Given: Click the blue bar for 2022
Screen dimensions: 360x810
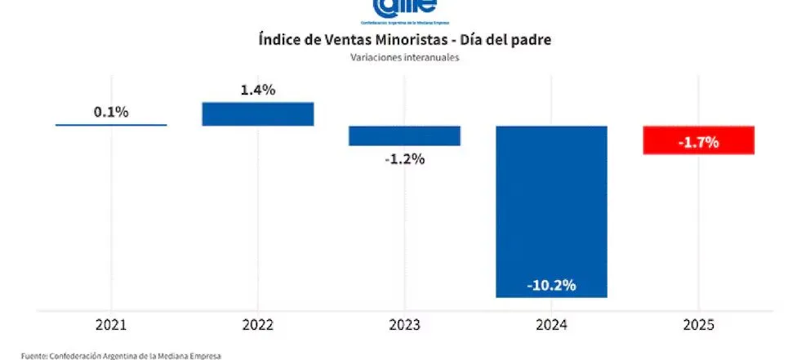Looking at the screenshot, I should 258,114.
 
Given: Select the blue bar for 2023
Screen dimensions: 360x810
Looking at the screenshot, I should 404,136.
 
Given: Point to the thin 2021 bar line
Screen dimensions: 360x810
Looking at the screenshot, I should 111,125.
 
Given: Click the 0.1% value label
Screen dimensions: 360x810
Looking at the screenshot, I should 111,112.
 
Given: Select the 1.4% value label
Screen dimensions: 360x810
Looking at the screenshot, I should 258,90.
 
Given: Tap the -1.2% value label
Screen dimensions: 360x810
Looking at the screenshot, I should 404,158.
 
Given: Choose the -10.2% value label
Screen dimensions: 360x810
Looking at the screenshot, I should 551,285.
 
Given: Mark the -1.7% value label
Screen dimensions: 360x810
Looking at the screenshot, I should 698,142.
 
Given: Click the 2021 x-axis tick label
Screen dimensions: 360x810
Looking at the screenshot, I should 111,326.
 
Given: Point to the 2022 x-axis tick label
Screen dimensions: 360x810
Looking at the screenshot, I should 258,326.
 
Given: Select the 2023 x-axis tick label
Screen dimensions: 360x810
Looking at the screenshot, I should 404,326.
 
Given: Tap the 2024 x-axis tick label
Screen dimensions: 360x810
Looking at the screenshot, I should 551,326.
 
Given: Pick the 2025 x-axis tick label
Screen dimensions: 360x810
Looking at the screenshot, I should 698,326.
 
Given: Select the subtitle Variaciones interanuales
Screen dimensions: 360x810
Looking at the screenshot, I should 404,57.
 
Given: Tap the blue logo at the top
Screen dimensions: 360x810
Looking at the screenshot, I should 404,8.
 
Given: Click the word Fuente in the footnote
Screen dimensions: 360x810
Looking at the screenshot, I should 34,355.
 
